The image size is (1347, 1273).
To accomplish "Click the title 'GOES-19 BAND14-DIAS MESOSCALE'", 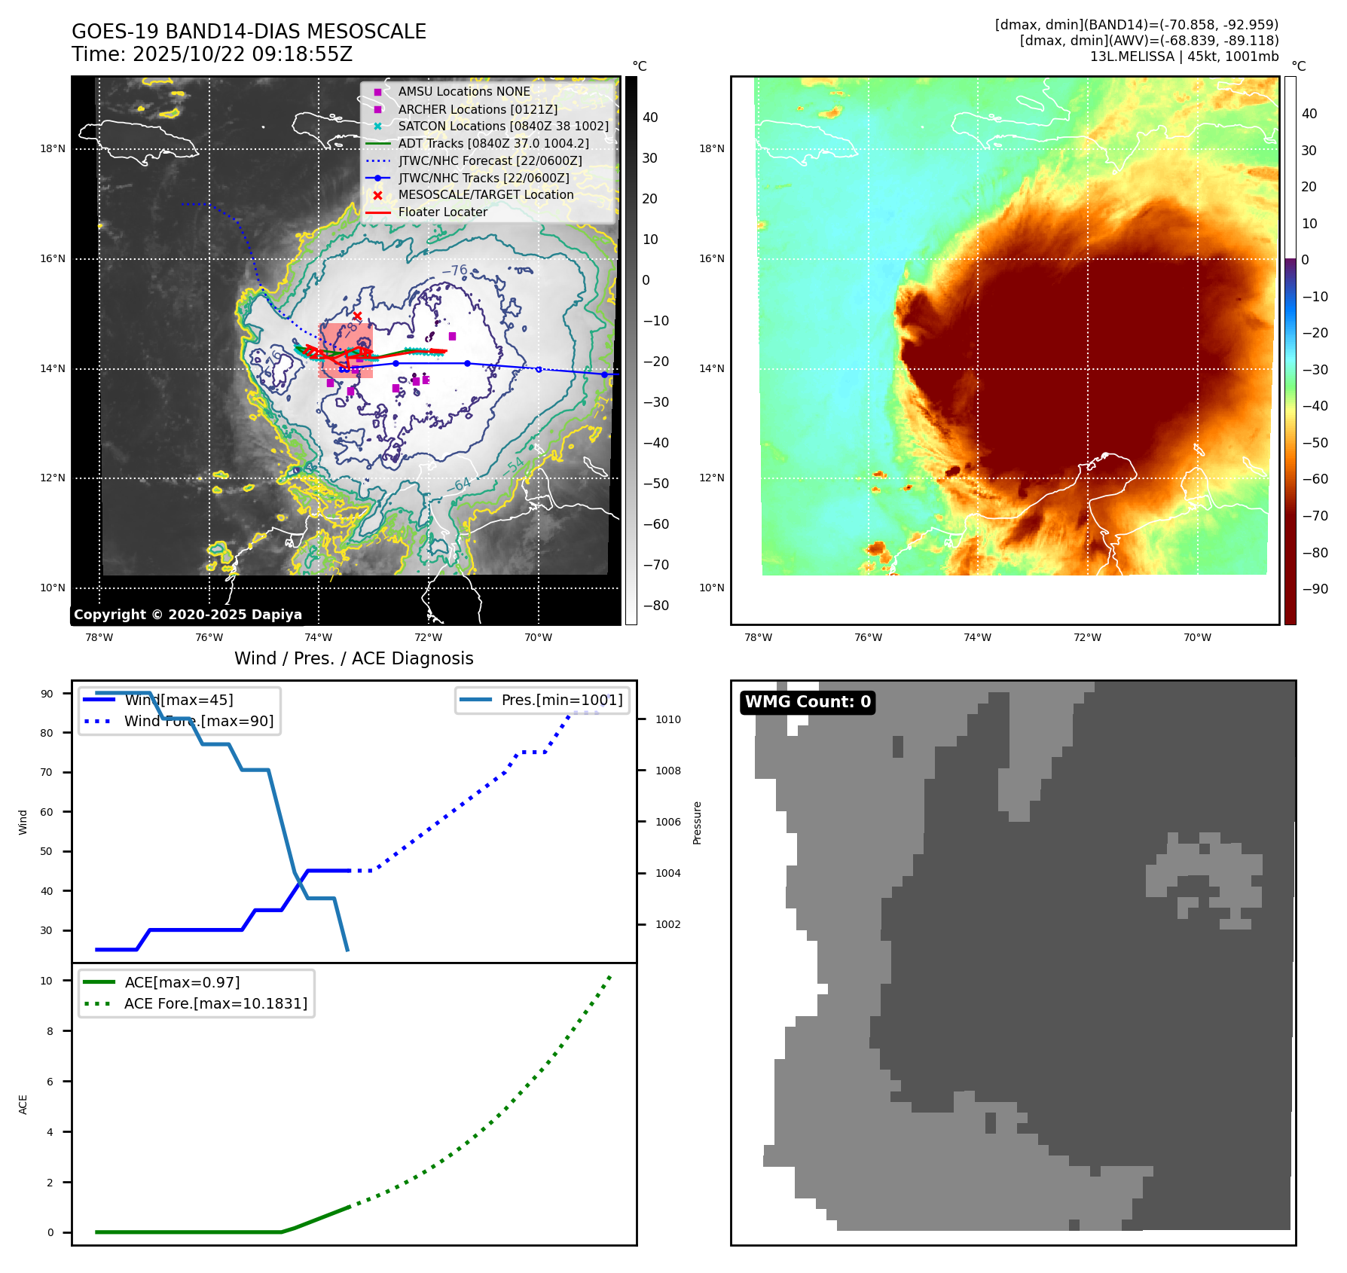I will coord(249,32).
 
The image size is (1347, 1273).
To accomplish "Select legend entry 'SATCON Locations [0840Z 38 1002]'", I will coord(502,126).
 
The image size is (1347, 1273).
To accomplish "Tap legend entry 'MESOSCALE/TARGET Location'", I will coord(485,194).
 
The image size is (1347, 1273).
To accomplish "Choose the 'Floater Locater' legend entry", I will coord(442,212).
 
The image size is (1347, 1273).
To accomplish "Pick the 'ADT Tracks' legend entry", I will coord(493,143).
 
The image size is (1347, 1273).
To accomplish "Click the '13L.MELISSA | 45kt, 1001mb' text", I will coord(1184,56).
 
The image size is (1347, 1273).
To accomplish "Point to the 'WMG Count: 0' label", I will coord(808,702).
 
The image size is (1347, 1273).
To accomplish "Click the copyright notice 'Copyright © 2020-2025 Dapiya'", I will coord(188,615).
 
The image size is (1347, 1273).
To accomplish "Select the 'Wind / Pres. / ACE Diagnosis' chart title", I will coord(354,658).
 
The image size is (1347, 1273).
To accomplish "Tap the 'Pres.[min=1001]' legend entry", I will coord(561,700).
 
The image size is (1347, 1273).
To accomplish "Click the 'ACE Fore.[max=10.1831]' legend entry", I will coord(215,1003).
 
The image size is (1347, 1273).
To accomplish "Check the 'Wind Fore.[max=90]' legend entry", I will coord(199,721).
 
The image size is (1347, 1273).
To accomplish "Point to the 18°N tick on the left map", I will coord(53,149).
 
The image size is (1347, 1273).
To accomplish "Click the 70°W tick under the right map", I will coord(1197,637).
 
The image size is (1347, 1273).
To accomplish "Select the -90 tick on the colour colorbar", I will coord(1315,589).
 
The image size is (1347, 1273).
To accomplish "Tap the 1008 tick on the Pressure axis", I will coord(667,771).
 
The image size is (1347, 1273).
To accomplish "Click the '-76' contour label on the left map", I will coord(454,270).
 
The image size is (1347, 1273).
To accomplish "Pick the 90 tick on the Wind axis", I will coord(47,694).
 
